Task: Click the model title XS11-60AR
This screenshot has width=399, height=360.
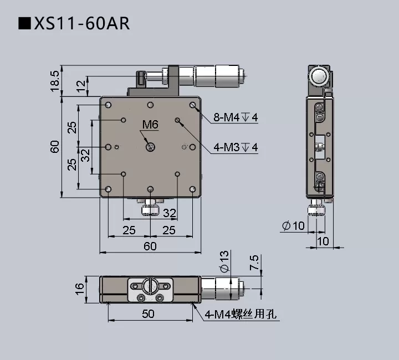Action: point(74,24)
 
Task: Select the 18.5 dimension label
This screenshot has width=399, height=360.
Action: point(54,81)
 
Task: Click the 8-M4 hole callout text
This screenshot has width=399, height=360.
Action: point(236,117)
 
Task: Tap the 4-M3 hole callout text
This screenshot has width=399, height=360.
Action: point(236,147)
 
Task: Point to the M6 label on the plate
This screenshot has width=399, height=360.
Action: point(150,125)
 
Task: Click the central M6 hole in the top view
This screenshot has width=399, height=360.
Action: point(150,147)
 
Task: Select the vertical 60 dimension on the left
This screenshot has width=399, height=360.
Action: point(54,147)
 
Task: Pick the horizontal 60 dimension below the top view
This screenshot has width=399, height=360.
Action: point(150,246)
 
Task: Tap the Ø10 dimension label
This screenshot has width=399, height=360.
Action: point(293,225)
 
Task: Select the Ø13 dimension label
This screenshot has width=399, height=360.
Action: point(224,261)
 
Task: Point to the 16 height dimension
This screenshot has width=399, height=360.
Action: point(80,287)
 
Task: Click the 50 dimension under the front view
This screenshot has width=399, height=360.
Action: point(148,313)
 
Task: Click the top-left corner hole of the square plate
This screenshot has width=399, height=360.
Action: point(109,105)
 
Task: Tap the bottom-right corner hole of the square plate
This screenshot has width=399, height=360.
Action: point(192,189)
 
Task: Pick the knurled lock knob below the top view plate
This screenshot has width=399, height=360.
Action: point(150,210)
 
